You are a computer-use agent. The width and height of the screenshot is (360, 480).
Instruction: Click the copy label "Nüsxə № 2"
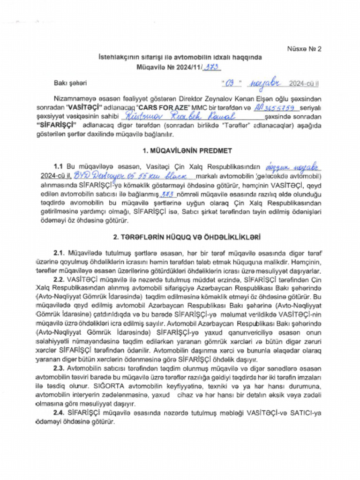pos(304,48)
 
